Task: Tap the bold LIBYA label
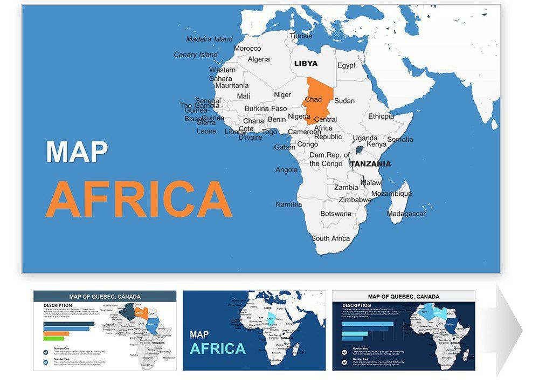tap(306, 64)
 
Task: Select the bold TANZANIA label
tap(370, 164)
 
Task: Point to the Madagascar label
tap(406, 214)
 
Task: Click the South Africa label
tap(330, 238)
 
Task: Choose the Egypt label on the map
tap(347, 66)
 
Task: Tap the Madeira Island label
tap(209, 39)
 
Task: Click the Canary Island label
tap(196, 54)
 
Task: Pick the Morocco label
tap(247, 49)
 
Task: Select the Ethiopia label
tap(381, 117)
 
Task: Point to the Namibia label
tap(289, 205)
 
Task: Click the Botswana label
tap(336, 214)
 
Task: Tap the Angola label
tap(286, 170)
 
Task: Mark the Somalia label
tap(400, 140)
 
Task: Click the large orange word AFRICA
tap(139, 200)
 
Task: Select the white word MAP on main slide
tap(77, 153)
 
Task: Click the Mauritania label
tap(232, 85)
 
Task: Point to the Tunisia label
tap(301, 37)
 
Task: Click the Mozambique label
tap(391, 194)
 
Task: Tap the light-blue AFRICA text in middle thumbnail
tap(218, 349)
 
